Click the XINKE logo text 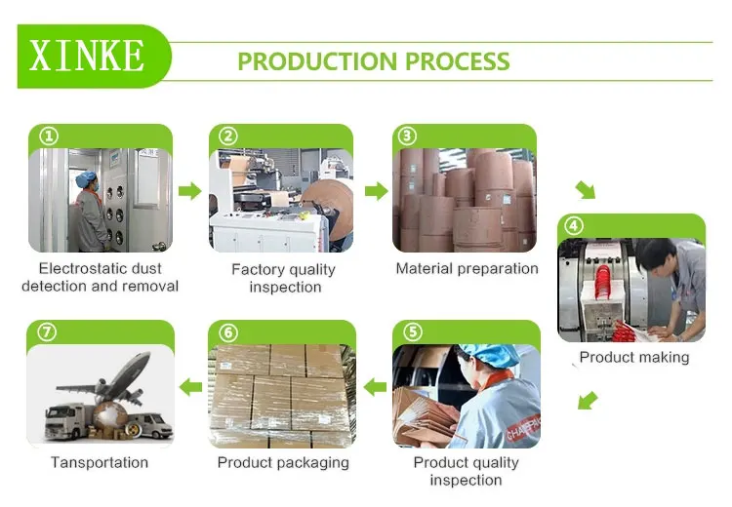tap(88, 56)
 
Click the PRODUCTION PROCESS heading tap(374, 61)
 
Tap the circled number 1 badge tap(48, 136)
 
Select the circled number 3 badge tap(408, 136)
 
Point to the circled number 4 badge tap(574, 226)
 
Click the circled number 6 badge tap(228, 332)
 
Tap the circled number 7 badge tap(47, 332)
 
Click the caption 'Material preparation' tap(467, 268)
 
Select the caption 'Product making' tap(633, 357)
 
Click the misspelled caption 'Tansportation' tap(100, 462)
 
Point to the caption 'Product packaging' tap(283, 462)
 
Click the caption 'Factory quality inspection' tap(283, 278)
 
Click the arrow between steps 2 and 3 tap(375, 190)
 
